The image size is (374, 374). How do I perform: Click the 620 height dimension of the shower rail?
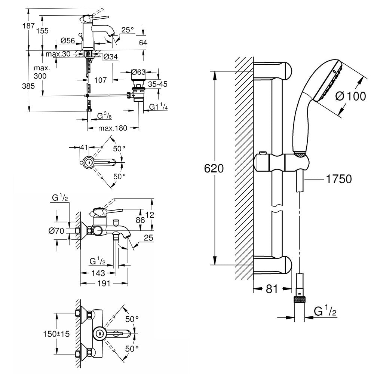click(x=214, y=168)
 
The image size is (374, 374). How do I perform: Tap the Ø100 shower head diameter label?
click(x=350, y=96)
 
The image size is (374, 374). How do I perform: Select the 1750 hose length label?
click(x=339, y=179)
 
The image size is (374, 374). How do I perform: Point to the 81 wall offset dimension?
click(x=272, y=289)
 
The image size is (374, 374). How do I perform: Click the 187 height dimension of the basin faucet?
click(x=29, y=25)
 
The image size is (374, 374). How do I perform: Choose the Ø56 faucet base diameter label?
click(x=67, y=40)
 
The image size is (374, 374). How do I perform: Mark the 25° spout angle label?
click(x=128, y=30)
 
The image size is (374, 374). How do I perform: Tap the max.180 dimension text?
click(x=113, y=128)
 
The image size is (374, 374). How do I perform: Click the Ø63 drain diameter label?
click(x=138, y=72)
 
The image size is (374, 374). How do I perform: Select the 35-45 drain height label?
click(x=158, y=84)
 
